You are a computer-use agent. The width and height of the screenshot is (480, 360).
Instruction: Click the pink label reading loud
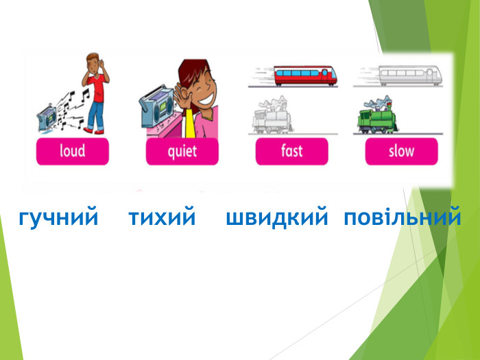72,151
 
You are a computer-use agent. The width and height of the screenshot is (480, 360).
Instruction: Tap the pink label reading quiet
182,151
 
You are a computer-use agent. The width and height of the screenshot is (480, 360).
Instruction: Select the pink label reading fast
291,151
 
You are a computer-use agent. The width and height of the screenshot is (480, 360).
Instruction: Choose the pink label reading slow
401,151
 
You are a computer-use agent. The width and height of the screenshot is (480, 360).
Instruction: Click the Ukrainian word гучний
58,219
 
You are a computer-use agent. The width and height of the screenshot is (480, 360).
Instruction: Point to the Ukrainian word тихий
163,219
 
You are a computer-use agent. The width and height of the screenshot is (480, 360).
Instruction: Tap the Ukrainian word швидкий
277,219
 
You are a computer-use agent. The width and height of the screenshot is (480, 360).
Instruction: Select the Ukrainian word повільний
402,219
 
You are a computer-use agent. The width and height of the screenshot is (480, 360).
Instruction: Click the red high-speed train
305,75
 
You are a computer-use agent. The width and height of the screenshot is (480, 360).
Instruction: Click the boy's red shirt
97,87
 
